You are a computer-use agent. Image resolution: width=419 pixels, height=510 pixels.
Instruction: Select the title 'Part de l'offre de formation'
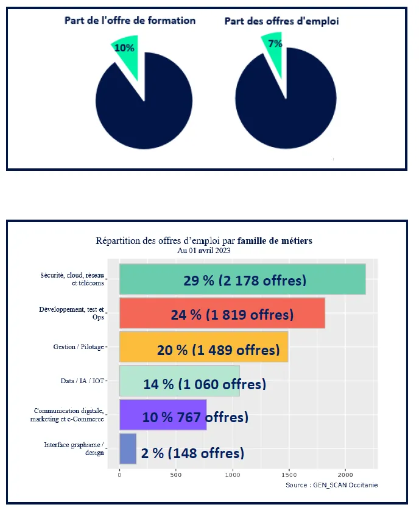tap(130, 21)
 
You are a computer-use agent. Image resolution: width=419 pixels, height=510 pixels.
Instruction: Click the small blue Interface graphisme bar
tap(127, 450)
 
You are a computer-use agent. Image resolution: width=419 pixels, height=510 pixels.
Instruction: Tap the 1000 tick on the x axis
tap(233, 474)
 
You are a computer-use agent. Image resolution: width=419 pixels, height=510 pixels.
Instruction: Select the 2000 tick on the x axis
tap(345, 474)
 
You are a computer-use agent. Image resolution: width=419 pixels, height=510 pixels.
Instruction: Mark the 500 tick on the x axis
tap(176, 474)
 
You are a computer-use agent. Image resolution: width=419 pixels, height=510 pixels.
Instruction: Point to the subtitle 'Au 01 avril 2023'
tap(203, 250)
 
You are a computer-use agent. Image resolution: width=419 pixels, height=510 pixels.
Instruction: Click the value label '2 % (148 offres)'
tap(192, 453)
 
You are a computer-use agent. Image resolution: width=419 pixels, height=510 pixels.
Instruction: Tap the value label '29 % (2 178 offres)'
tap(245, 281)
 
